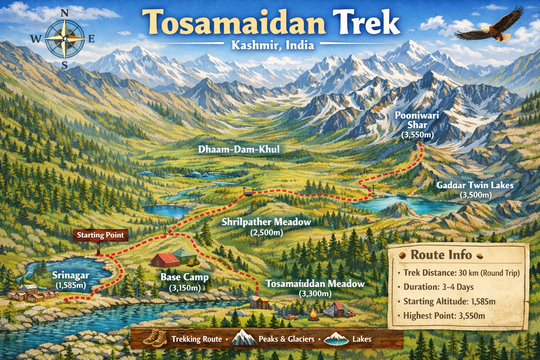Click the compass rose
65,39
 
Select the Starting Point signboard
100,235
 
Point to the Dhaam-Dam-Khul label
239,149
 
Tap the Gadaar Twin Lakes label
475,189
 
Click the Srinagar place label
71,279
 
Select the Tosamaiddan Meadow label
315,288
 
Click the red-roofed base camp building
165,259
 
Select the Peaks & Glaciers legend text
286,339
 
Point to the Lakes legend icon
336,339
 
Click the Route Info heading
441,255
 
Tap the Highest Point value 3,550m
472,316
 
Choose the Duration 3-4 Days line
438,287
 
